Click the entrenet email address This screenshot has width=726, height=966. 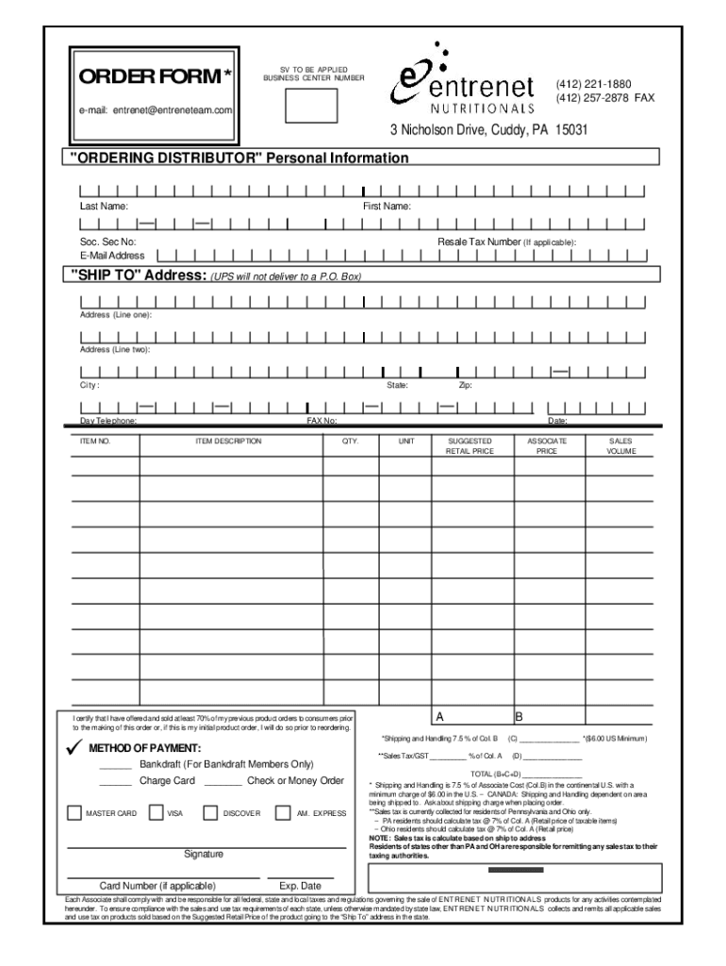coord(156,110)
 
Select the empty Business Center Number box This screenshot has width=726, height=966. coord(306,104)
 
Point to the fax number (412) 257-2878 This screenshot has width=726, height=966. coord(604,98)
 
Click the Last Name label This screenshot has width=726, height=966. coord(104,206)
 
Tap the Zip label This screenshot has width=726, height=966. coord(465,386)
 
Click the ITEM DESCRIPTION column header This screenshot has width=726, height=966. coord(227,441)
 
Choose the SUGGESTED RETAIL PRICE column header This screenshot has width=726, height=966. coord(470,446)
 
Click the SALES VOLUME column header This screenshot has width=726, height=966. coord(620,446)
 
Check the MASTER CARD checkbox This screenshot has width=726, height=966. coord(74,812)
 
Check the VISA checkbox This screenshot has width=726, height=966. coord(156,812)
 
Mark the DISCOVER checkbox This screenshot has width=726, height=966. coord(210,812)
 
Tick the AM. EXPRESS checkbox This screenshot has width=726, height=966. coord(282,812)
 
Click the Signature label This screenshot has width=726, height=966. coord(203,855)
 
